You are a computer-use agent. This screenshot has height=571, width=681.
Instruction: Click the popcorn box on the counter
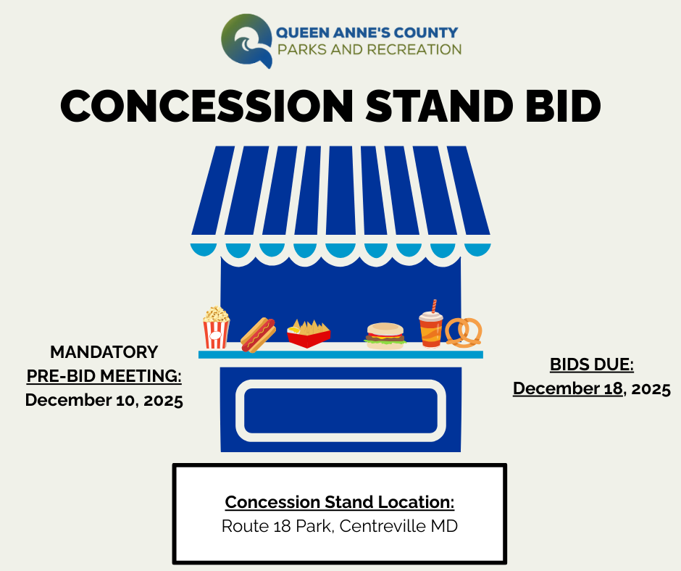[216, 328]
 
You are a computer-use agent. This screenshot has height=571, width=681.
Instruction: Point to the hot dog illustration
[257, 334]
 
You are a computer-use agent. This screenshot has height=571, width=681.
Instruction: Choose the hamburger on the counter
[385, 335]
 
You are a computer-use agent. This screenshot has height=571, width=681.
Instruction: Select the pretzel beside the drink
[463, 332]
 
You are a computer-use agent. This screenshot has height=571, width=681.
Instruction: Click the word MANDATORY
[104, 352]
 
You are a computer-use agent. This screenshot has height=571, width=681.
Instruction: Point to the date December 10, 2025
[104, 399]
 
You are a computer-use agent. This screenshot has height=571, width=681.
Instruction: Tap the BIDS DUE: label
[591, 364]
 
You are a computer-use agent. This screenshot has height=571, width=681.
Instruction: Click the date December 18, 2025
[591, 388]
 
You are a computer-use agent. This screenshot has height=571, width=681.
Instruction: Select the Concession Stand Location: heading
[339, 502]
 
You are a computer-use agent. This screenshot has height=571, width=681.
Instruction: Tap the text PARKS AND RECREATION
[369, 50]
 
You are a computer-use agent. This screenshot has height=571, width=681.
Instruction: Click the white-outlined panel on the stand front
[340, 410]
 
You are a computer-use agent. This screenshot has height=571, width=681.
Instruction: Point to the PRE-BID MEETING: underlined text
[104, 375]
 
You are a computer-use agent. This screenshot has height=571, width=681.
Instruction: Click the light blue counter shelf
[340, 354]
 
